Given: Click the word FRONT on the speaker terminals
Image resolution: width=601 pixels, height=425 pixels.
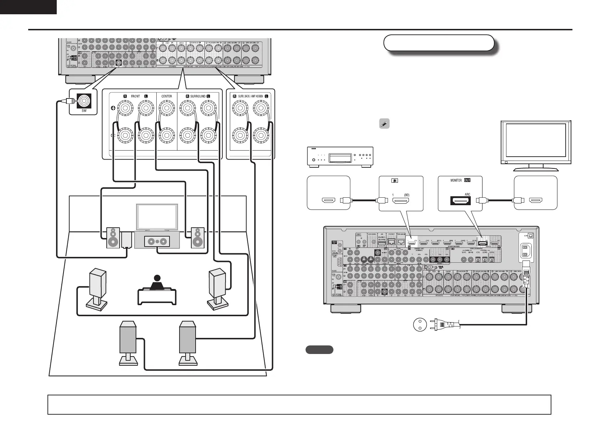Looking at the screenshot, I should click(x=135, y=96).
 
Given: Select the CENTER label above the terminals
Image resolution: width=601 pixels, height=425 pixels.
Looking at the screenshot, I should click(x=167, y=96).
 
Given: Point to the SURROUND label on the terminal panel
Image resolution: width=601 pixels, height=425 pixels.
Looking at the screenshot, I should click(x=198, y=96).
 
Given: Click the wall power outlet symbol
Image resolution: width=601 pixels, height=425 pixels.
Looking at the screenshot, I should click(x=420, y=325).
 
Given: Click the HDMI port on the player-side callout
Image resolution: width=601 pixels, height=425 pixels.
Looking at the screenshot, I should click(x=328, y=201).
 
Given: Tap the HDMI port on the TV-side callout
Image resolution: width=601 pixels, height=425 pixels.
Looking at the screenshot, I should click(x=536, y=201).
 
